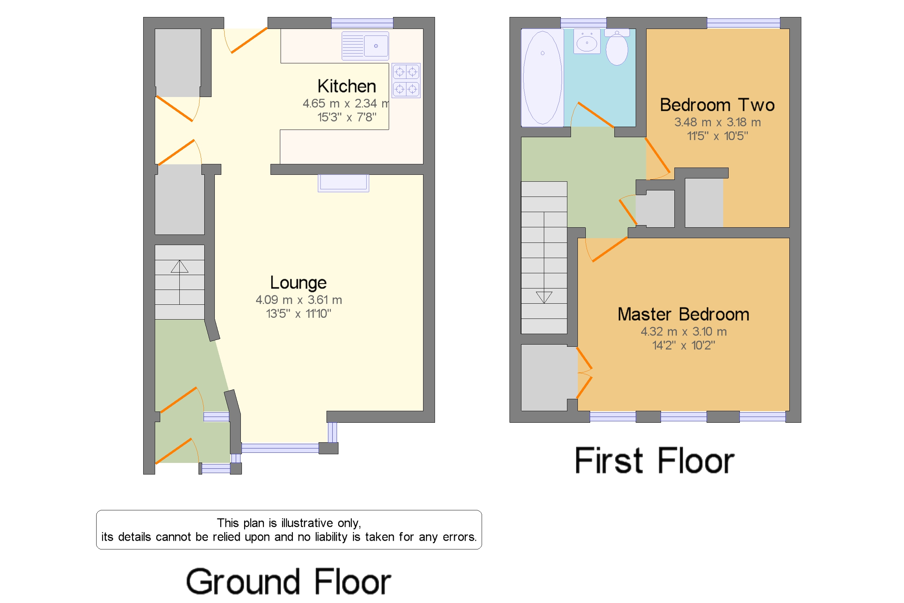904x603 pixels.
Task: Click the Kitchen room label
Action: tap(346, 86)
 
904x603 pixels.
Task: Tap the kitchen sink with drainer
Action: tap(365, 46)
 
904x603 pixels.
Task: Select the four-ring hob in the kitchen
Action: tap(406, 80)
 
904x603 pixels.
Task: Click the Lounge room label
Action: tap(298, 283)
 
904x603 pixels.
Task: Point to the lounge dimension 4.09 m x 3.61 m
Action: tap(299, 300)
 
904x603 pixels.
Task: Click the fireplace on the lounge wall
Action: tap(343, 183)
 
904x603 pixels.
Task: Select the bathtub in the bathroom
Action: tap(542, 77)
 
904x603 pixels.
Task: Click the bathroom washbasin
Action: tap(587, 41)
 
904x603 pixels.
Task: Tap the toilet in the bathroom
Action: tap(617, 47)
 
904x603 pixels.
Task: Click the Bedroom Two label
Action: tap(717, 105)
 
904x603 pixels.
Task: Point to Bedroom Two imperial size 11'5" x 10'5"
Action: tap(717, 136)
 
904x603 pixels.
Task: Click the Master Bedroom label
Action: tap(683, 314)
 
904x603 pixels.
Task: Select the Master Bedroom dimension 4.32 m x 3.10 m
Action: tap(683, 332)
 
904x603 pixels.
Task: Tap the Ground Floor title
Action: tap(289, 581)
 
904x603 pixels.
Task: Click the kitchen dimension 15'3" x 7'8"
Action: tap(346, 117)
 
